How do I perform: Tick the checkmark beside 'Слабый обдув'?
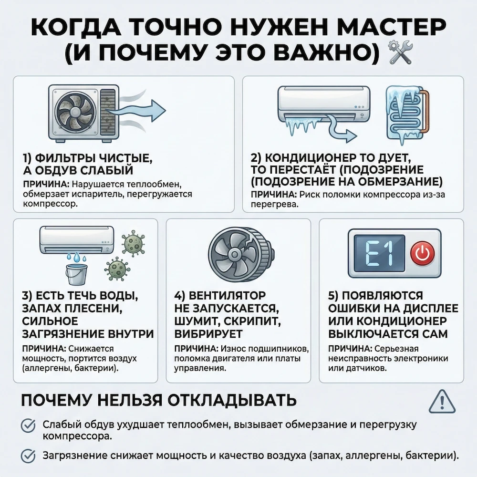(x=29, y=425)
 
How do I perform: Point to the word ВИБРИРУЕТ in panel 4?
(x=209, y=332)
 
